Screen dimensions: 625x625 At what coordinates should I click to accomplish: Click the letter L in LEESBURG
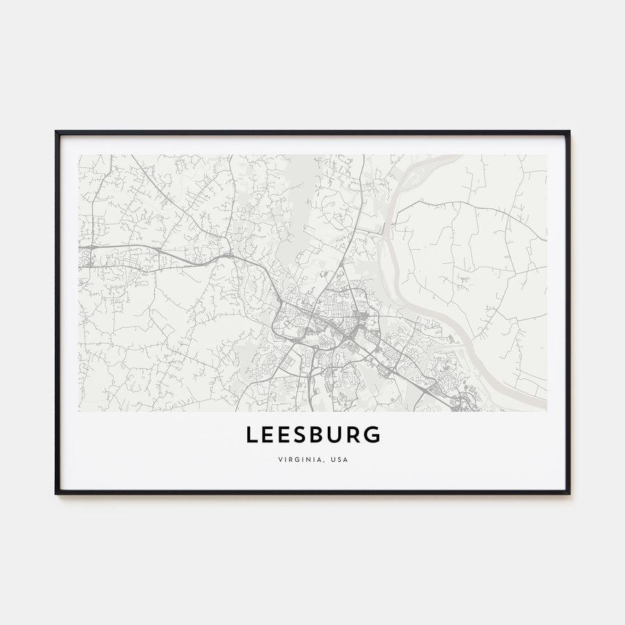[252, 435]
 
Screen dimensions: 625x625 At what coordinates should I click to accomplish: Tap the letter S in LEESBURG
[293, 435]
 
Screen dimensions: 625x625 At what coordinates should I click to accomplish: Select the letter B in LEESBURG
[312, 435]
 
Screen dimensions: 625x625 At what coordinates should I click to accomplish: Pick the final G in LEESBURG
[373, 435]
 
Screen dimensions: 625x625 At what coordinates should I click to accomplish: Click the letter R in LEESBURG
[352, 435]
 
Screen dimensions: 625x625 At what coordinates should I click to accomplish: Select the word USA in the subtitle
[338, 459]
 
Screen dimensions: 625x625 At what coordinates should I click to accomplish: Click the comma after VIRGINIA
[323, 461]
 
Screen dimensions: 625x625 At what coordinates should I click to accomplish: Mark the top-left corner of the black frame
[56, 131]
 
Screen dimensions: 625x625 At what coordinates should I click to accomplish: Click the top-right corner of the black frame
[569, 131]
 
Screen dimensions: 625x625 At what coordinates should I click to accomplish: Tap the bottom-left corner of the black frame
[56, 493]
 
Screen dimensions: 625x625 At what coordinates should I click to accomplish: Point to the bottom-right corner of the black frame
[569, 493]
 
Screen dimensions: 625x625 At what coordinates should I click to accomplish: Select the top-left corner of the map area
[79, 155]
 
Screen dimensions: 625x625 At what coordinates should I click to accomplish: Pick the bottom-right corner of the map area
[546, 410]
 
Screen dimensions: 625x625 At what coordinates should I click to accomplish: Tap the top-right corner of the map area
[546, 155]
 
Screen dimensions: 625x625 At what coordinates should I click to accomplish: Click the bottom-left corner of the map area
[79, 410]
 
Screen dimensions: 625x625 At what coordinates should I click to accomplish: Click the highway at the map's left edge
[87, 247]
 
